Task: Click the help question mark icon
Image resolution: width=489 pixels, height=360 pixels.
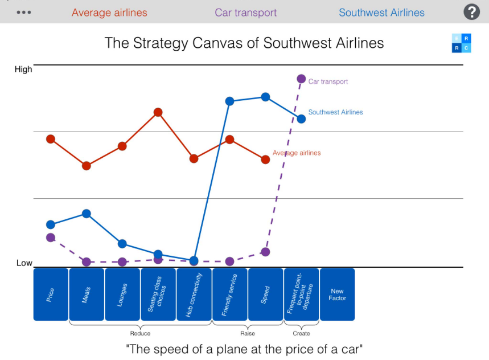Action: click(x=471, y=12)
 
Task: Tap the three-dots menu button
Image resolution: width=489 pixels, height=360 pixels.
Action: click(x=24, y=13)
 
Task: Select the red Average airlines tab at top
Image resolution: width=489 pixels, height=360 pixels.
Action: click(x=109, y=13)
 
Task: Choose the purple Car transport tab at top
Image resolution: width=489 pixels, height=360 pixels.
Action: click(x=246, y=13)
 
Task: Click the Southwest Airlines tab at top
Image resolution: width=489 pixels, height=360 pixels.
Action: click(x=381, y=13)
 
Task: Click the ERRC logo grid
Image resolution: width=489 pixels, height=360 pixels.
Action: click(x=462, y=43)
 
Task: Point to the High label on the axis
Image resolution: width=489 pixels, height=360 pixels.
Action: click(x=23, y=69)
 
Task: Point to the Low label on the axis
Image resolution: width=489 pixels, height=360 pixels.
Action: click(x=24, y=263)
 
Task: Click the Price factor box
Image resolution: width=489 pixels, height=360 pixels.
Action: click(x=51, y=294)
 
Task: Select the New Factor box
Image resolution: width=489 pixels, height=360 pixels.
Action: click(x=337, y=294)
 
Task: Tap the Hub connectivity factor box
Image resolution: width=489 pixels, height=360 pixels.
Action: click(x=194, y=294)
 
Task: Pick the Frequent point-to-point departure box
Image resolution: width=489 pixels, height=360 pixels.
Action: click(x=301, y=294)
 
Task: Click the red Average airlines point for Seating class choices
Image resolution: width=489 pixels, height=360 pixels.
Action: click(x=158, y=112)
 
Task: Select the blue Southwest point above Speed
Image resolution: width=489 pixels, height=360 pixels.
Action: click(x=265, y=97)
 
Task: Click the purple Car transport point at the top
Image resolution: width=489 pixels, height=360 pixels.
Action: click(x=301, y=79)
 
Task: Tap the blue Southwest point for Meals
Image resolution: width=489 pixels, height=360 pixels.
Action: click(x=87, y=214)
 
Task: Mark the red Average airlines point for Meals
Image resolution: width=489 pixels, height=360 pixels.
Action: click(x=87, y=166)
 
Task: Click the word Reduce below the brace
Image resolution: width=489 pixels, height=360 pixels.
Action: click(x=140, y=333)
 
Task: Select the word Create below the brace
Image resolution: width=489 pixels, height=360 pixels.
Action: click(x=301, y=333)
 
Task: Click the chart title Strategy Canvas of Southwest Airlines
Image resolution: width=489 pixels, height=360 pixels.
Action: click(x=244, y=43)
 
